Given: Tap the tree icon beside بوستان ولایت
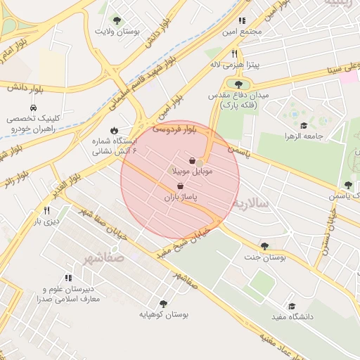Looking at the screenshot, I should point(117,20).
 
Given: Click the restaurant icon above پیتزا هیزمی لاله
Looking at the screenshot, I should point(234,53).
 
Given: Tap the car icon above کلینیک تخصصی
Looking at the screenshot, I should point(34,107).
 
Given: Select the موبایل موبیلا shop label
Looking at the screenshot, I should point(192,171).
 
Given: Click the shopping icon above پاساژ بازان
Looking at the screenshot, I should point(181,186).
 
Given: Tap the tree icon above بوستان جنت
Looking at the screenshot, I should point(264,246).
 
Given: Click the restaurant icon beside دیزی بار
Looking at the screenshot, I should point(46,210).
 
